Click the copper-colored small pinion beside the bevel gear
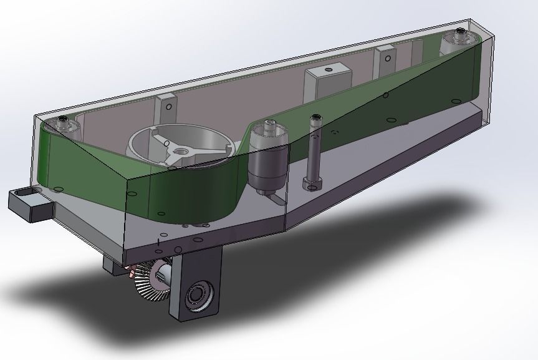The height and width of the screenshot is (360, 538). pyautogui.click(x=132, y=272)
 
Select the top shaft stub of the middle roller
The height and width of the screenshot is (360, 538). pyautogui.click(x=270, y=125)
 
